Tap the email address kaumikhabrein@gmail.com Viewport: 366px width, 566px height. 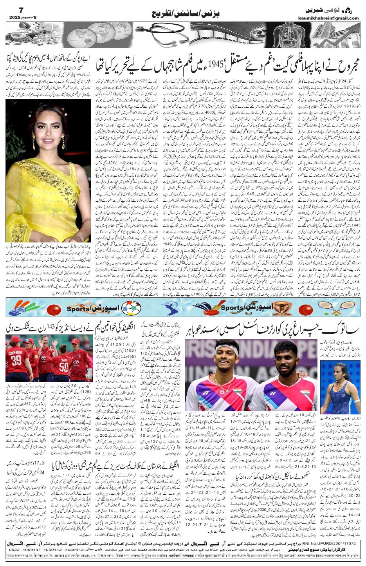(334, 18)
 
